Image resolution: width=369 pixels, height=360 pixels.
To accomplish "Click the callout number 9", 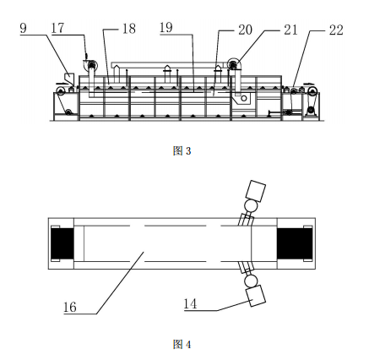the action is (x=24, y=28).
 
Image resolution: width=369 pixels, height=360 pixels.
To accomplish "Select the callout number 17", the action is (x=58, y=28).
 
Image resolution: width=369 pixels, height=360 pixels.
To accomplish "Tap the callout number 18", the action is (x=129, y=29).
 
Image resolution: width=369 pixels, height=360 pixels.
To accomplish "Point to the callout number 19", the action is (x=166, y=28).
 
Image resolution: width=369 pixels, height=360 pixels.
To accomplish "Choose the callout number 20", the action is (x=246, y=30).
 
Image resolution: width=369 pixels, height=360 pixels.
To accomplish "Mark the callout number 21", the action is (x=290, y=30).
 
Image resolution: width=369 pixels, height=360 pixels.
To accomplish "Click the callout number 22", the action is (x=336, y=30).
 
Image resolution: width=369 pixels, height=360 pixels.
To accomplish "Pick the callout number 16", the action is (x=70, y=307).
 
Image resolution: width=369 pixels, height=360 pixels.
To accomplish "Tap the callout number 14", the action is (x=190, y=304).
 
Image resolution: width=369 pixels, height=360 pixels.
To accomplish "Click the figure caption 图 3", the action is (x=182, y=151).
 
